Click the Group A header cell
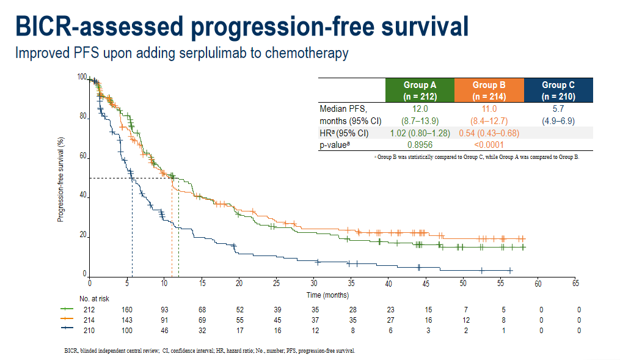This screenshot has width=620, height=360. [420, 90]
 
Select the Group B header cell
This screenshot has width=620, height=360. [489, 90]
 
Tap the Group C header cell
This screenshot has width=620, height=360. [558, 90]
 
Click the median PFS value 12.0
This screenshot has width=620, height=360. [420, 108]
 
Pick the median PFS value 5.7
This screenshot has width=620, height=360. [558, 108]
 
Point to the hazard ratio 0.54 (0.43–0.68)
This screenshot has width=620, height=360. [489, 133]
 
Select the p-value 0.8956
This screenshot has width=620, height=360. [420, 145]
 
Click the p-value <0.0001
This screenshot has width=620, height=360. [489, 145]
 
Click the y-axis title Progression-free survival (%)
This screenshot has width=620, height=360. [61, 178]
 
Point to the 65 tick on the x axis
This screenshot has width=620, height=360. [575, 284]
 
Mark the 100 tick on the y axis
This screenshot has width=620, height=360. [82, 77]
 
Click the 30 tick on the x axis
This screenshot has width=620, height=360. [314, 284]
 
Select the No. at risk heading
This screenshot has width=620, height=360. [93, 298]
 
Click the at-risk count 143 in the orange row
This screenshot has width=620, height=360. [127, 320]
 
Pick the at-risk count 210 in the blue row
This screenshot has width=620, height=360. [90, 330]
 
